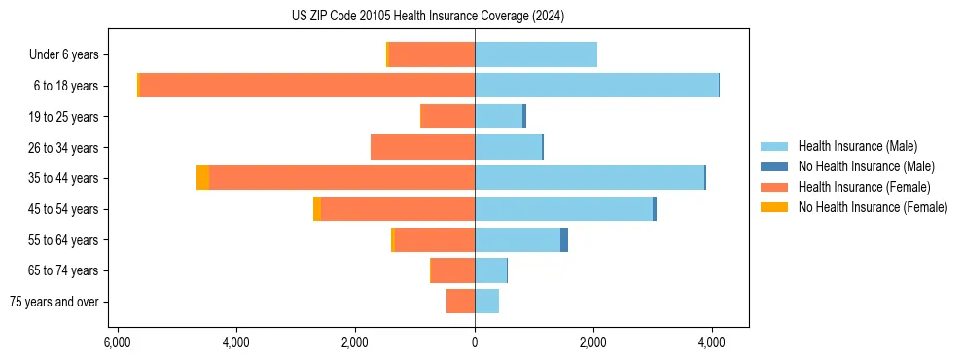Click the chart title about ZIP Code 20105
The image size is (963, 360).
(428, 17)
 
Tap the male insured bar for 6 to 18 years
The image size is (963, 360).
(596, 86)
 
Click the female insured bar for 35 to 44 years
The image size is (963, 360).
(341, 178)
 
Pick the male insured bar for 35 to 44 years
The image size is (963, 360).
(589, 178)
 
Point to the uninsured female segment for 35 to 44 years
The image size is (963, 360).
(202, 178)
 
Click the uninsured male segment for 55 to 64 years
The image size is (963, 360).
(564, 240)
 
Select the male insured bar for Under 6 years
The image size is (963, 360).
(536, 54)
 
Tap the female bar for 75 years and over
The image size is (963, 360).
(461, 302)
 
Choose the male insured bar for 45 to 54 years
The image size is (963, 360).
(563, 209)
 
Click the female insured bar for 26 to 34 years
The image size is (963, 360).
(423, 147)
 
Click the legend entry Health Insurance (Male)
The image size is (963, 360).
(857, 146)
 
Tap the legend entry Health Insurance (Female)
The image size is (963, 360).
(863, 187)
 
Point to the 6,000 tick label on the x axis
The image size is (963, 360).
(117, 342)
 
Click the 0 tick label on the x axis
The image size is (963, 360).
(475, 342)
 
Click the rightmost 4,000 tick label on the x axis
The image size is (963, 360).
(711, 342)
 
